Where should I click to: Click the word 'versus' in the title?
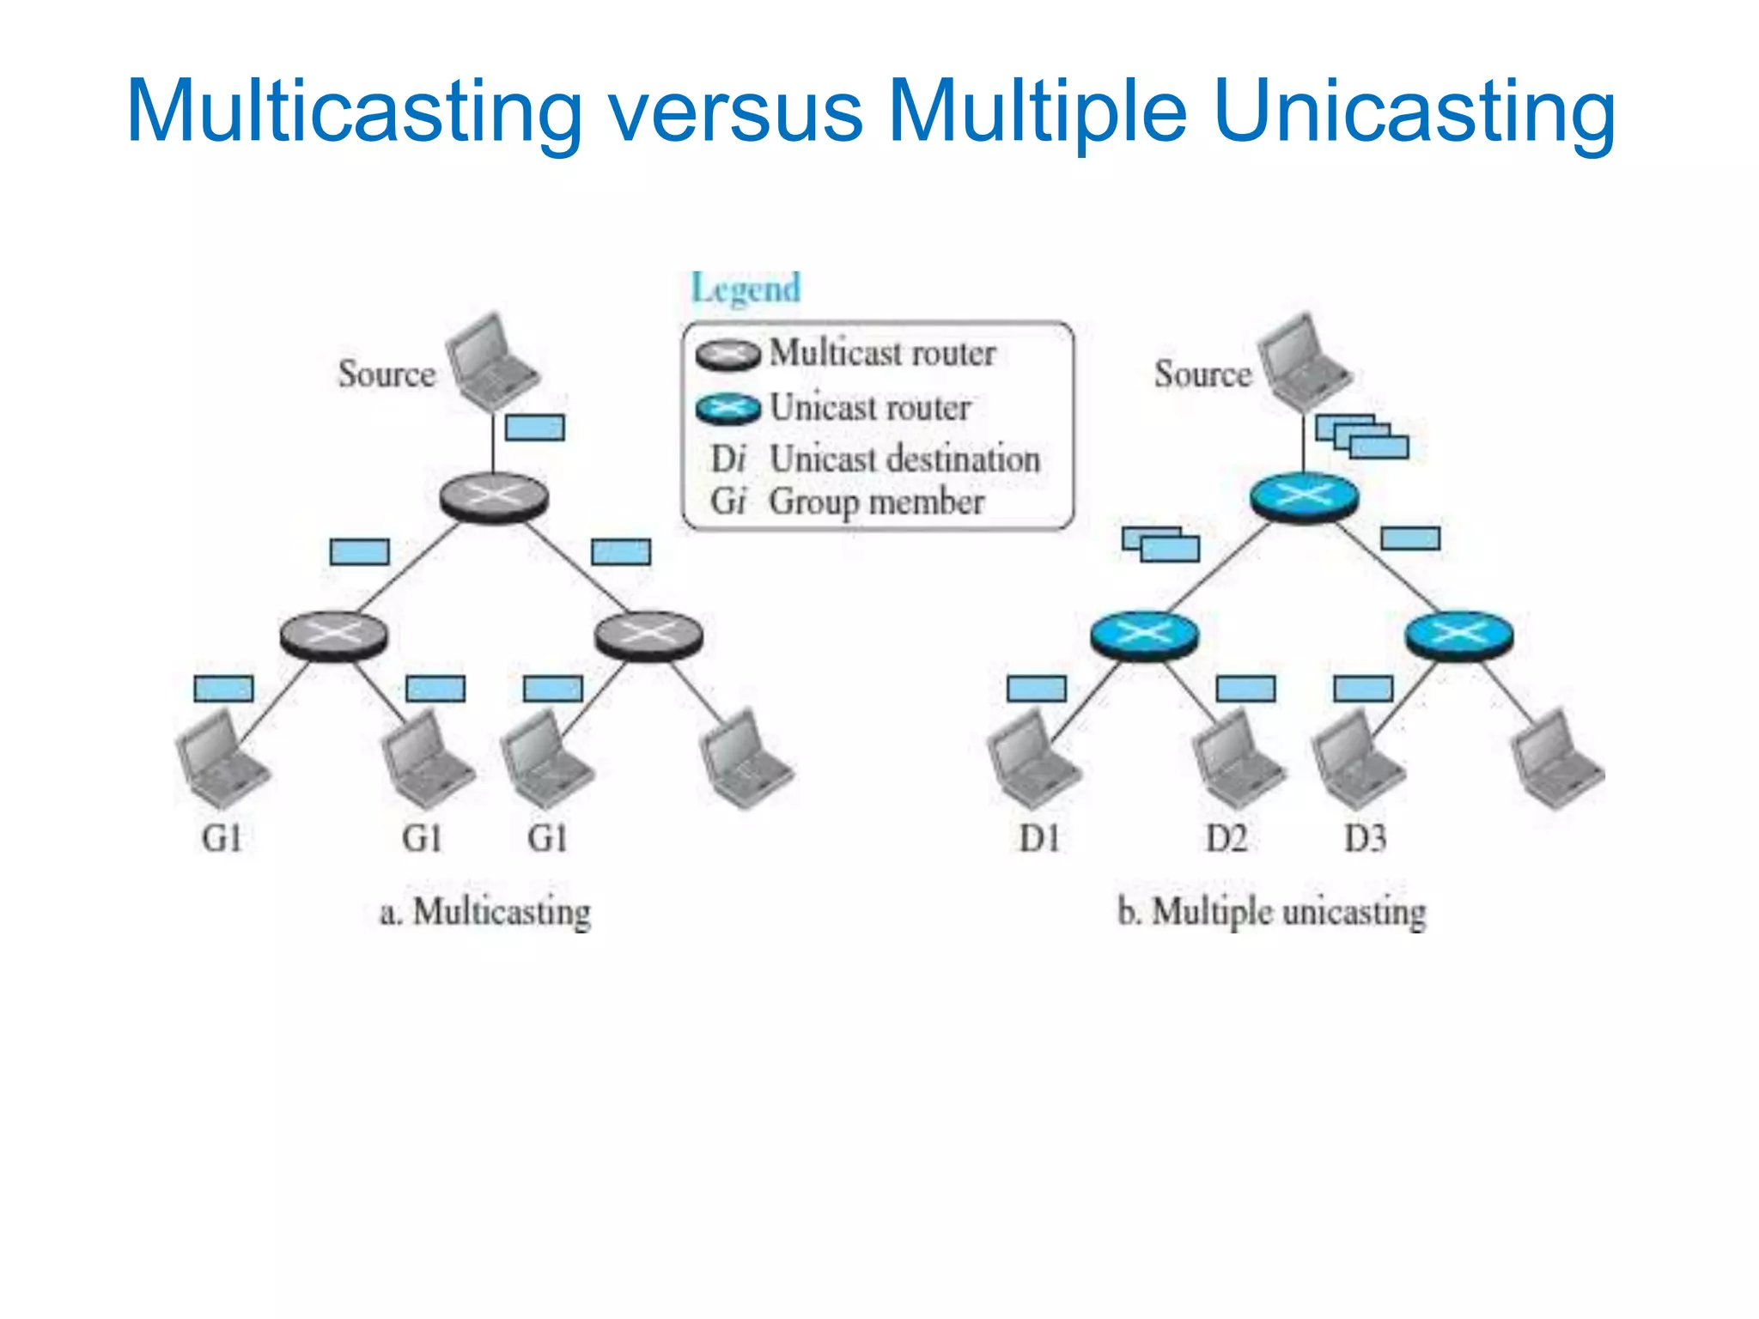click(x=735, y=112)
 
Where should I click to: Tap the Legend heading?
click(x=746, y=289)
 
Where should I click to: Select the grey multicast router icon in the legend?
click(x=727, y=354)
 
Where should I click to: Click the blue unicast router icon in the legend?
click(x=727, y=409)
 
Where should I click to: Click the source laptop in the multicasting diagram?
click(x=491, y=362)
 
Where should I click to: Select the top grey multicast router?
click(x=493, y=497)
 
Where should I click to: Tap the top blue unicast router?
click(x=1304, y=497)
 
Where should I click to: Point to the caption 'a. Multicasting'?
click(x=485, y=912)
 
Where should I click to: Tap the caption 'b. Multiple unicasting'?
click(x=1271, y=912)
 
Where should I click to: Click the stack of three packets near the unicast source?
click(x=1362, y=436)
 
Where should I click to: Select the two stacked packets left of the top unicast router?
click(x=1160, y=544)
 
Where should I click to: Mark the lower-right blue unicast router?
click(x=1458, y=636)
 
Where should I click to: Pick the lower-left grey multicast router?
click(x=333, y=636)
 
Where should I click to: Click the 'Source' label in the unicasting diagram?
click(x=1202, y=374)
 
